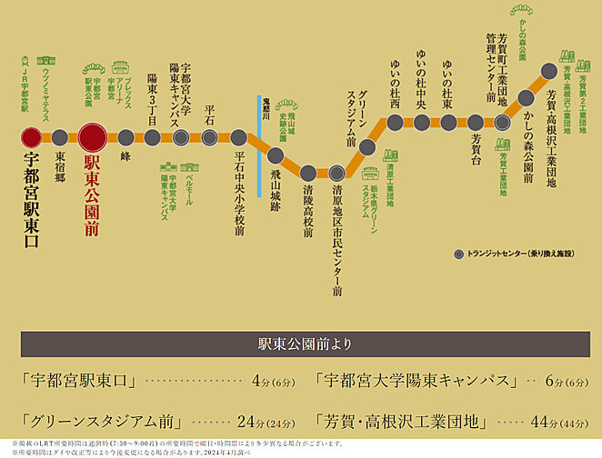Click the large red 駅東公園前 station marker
click(x=95, y=137)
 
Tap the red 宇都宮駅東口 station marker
click(x=31, y=137)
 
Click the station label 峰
click(x=125, y=157)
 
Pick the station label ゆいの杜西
click(x=395, y=89)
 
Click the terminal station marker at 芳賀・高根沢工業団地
click(x=548, y=70)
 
